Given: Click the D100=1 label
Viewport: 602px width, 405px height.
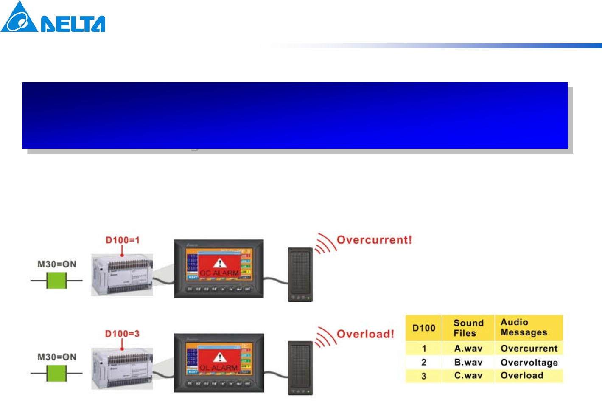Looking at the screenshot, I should (123, 240).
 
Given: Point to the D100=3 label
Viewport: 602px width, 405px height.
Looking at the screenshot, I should (122, 334).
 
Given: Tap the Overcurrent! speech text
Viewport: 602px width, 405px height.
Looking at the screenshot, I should (374, 240).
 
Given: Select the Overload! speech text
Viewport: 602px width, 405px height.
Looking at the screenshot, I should (365, 334).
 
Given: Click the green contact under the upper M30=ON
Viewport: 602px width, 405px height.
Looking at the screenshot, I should (56, 281).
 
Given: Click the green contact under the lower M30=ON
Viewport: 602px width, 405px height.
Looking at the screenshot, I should (56, 374).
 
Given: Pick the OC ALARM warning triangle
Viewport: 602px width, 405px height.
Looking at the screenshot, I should (219, 263).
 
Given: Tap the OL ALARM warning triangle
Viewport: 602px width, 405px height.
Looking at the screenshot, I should (219, 357).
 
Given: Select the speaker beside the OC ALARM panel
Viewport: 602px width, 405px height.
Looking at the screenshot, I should (300, 274).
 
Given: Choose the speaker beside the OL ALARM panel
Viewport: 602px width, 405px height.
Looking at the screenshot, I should (300, 368).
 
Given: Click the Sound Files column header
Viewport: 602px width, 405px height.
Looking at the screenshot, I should (468, 328).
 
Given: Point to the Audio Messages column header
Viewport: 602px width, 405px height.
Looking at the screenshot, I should (524, 327).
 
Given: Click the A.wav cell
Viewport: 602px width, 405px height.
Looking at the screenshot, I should (468, 349).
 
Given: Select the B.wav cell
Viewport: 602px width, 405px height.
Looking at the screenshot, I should (468, 363).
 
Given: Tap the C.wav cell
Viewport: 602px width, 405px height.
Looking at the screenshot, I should (468, 376).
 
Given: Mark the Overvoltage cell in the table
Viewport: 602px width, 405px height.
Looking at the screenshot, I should (529, 363).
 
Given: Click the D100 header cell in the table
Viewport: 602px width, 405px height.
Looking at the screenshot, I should (423, 328).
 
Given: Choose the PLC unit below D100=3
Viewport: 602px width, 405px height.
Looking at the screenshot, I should (122, 368).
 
